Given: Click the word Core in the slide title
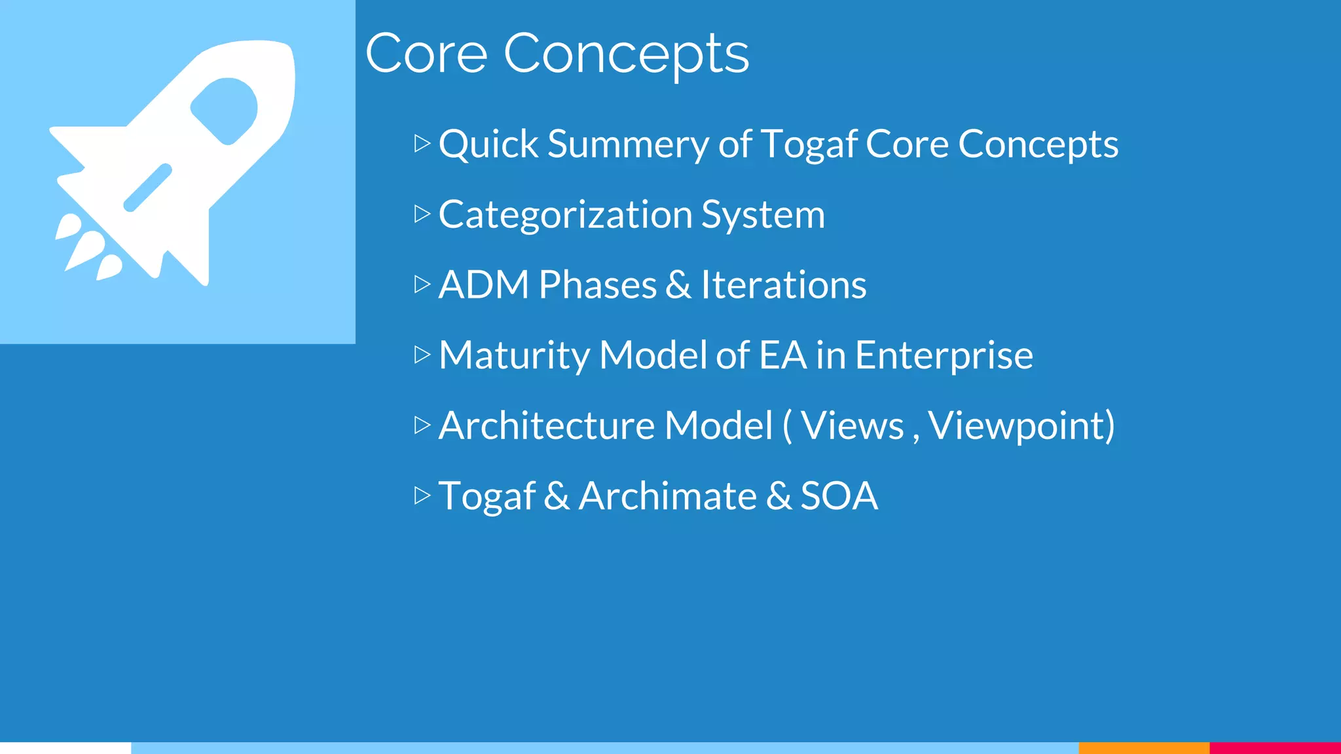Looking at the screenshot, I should tap(426, 54).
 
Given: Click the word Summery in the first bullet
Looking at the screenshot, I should tap(627, 144).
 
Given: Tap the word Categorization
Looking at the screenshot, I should tap(565, 215).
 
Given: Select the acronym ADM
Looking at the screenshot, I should tap(483, 285).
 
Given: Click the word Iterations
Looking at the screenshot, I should tap(783, 285).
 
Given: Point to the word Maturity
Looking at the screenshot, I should tap(514, 355).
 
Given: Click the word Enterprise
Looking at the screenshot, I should tap(944, 355).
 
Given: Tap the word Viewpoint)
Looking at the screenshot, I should tap(1021, 426).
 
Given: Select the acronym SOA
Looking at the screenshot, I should tap(839, 496).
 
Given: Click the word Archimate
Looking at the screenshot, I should tap(668, 496).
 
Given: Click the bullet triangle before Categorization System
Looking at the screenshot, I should tap(422, 214).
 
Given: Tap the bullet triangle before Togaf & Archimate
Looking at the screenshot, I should tap(422, 495).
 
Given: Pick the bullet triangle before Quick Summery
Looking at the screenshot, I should tap(422, 143).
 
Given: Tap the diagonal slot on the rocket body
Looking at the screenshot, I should tap(148, 187).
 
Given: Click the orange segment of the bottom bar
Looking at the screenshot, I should tap(1143, 747).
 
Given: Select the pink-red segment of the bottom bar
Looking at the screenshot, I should tap(1275, 747).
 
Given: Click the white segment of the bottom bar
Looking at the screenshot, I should tap(65, 747).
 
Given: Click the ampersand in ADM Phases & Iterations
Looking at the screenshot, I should tap(678, 285).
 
